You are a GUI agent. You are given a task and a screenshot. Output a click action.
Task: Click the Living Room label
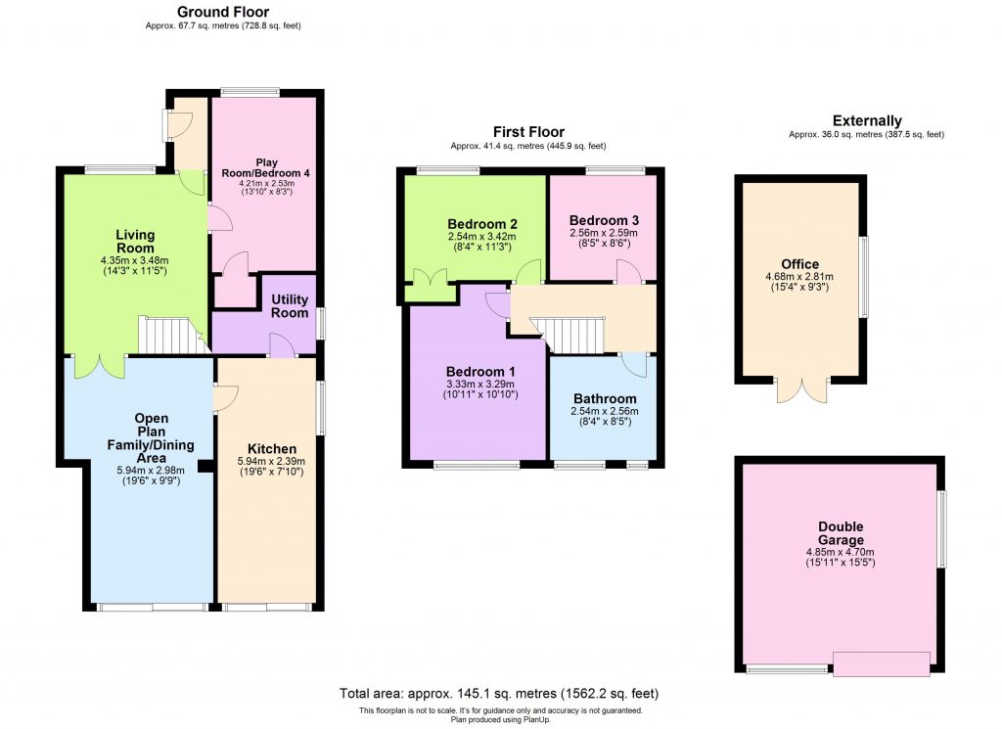pyautogui.click(x=135, y=241)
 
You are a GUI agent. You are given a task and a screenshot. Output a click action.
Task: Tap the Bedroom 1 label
pyautogui.click(x=480, y=372)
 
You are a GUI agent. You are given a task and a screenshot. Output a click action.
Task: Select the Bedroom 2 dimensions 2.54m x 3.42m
pyautogui.click(x=482, y=237)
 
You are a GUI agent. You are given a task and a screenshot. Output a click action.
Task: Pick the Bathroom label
pyautogui.click(x=605, y=399)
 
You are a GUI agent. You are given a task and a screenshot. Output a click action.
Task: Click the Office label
pyautogui.click(x=799, y=264)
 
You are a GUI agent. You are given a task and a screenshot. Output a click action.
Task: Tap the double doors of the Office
pyautogui.click(x=801, y=389)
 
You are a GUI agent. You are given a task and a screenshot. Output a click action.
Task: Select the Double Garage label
pyautogui.click(x=841, y=533)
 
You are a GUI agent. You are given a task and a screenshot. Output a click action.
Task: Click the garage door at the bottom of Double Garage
pyautogui.click(x=881, y=665)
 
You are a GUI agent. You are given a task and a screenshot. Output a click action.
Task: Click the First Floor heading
pyautogui.click(x=527, y=132)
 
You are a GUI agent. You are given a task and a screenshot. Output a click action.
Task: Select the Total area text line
pyautogui.click(x=500, y=693)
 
